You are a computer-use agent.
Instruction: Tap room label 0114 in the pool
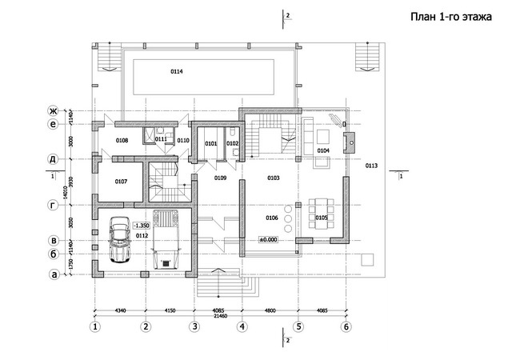tap(176, 72)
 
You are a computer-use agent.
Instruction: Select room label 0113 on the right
tap(370, 166)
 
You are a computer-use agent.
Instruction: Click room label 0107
tap(121, 182)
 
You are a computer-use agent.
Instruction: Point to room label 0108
tap(122, 140)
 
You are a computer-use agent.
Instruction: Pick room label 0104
tap(323, 150)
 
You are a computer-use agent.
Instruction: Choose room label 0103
tap(273, 178)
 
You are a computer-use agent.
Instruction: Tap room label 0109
tap(220, 178)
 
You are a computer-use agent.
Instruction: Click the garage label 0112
tap(142, 236)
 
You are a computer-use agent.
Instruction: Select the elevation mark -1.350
tap(142, 226)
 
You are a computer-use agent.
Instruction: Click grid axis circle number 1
tap(95, 326)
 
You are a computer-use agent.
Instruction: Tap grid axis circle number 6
tap(346, 326)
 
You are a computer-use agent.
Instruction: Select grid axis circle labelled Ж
tap(54, 110)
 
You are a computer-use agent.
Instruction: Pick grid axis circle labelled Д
tap(54, 159)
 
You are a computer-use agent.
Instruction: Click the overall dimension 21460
tap(220, 316)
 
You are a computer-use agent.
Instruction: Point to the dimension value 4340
tap(120, 309)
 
